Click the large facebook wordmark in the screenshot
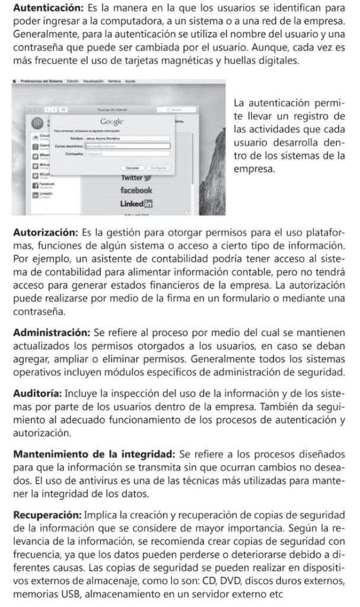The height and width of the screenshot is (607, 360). coord(136,191)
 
